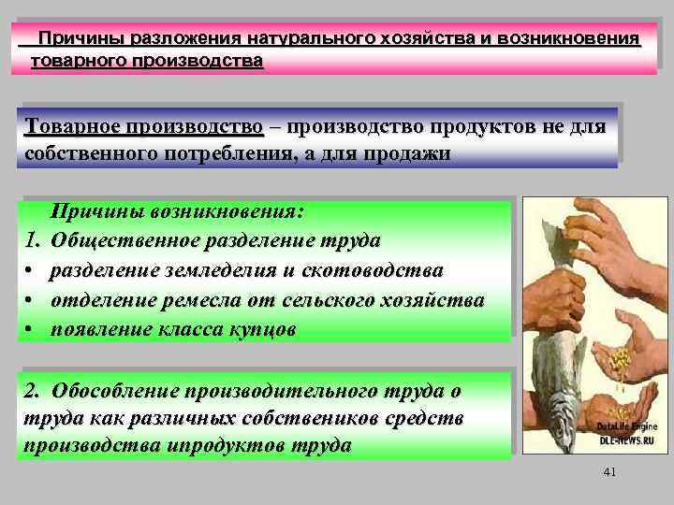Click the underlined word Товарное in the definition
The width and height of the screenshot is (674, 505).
71,126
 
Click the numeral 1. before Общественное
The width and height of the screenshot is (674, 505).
33,241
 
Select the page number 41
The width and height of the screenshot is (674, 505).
609,474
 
